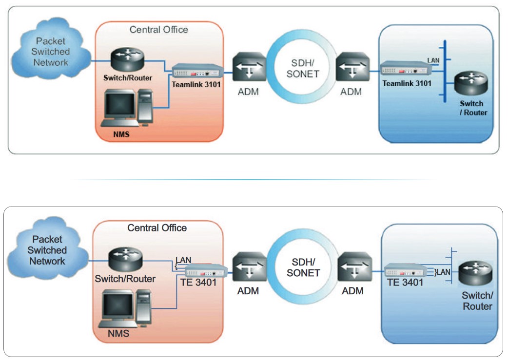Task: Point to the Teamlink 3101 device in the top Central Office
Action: click(x=197, y=71)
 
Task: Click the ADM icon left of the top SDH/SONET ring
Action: click(x=249, y=68)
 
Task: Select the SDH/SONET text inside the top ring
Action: click(x=302, y=69)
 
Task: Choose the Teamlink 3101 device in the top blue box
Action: click(x=406, y=69)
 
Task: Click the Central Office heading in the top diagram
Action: click(x=158, y=30)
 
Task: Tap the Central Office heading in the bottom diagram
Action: click(x=157, y=228)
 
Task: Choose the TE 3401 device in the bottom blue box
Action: click(x=405, y=271)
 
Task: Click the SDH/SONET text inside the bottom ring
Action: click(x=302, y=267)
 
